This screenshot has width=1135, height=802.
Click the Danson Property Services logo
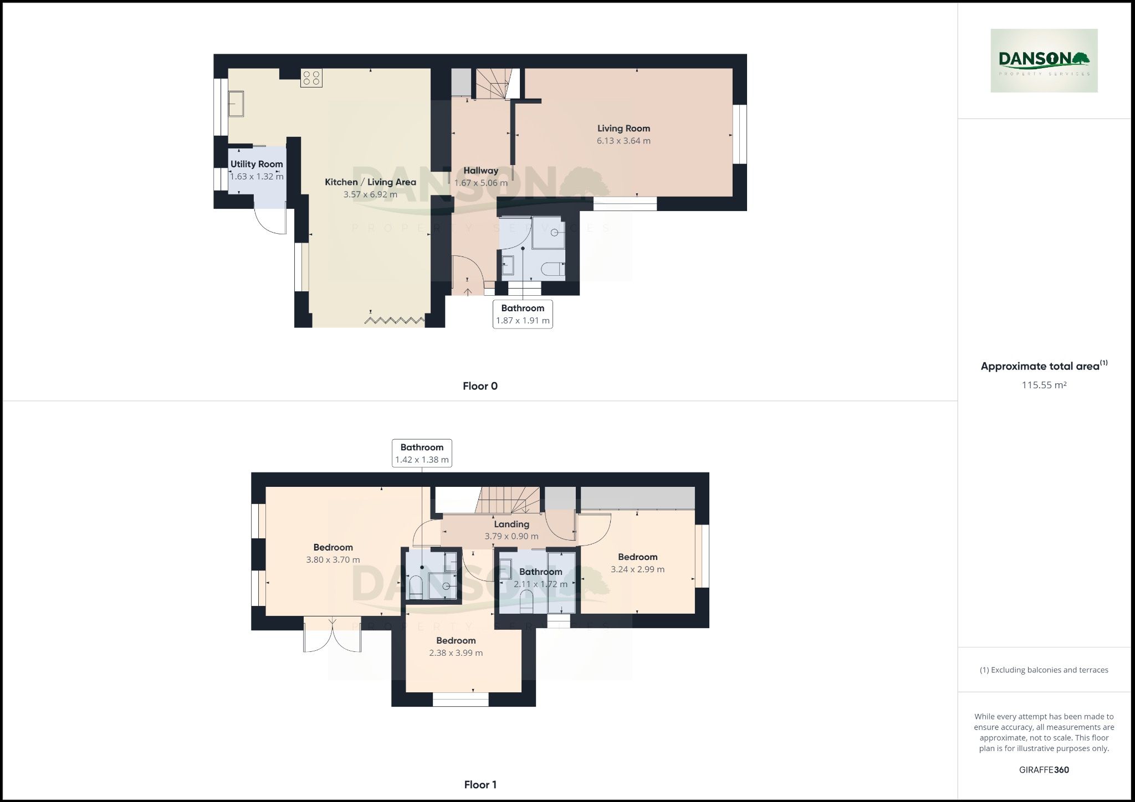[x=1044, y=60]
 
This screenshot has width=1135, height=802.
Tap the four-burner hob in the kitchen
[x=311, y=78]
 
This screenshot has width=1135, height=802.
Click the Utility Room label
[x=257, y=164]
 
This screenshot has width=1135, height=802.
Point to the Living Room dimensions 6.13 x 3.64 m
[x=623, y=141]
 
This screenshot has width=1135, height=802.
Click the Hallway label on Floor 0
[x=480, y=171]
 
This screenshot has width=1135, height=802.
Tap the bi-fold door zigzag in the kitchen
[x=395, y=320]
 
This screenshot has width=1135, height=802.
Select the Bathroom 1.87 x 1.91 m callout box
[x=523, y=314]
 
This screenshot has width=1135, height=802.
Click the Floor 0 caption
[x=480, y=386]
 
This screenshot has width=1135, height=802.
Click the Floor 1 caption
[x=480, y=784]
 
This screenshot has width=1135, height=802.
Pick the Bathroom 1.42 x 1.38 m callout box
[x=422, y=453]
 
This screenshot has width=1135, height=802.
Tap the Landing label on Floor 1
[x=511, y=524]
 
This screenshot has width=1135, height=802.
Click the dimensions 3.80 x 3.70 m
[x=333, y=560]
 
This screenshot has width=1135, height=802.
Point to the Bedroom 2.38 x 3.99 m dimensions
[x=456, y=653]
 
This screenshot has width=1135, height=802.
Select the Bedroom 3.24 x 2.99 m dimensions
[x=637, y=569]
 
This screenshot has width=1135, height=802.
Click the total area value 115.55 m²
[x=1044, y=385]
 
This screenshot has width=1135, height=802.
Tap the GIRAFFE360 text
[x=1044, y=770]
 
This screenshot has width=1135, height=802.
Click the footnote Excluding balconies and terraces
[x=1044, y=670]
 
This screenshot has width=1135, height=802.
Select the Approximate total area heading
[x=1040, y=366]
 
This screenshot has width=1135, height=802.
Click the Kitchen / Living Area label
[x=370, y=182]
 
